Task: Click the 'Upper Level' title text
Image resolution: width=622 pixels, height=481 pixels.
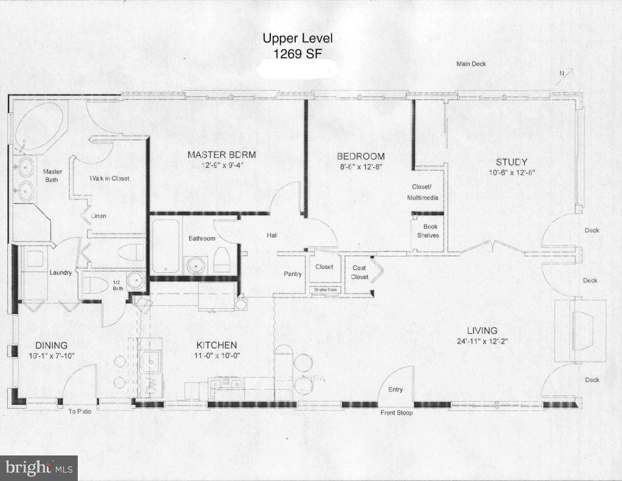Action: (x=298, y=39)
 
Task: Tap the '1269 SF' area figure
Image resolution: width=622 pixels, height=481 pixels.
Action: (x=298, y=53)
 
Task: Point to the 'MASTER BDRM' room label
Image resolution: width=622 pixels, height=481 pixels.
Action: (x=221, y=155)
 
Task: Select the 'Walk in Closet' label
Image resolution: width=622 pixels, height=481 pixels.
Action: (x=109, y=178)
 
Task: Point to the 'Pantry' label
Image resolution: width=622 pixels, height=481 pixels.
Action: (x=293, y=274)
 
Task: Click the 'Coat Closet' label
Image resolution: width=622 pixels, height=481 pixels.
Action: (x=360, y=272)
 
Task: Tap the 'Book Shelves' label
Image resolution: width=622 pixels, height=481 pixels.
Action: (x=427, y=230)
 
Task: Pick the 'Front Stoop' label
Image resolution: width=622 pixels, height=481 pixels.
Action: (x=397, y=413)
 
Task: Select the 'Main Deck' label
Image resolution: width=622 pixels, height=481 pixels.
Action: (x=471, y=64)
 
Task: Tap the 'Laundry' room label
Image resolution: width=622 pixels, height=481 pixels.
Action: (x=61, y=272)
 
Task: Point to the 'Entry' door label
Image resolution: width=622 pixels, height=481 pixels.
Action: (x=395, y=390)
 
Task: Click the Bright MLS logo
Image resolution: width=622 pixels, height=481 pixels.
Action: (x=39, y=468)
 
